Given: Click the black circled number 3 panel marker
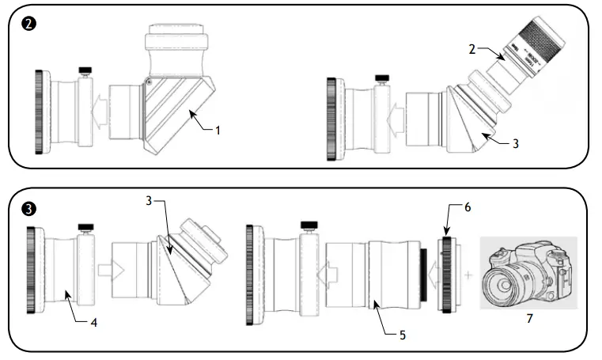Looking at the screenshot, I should click(x=28, y=209).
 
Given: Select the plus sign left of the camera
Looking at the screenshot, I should click(x=469, y=275).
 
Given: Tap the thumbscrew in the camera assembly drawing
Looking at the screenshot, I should click(x=305, y=229).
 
